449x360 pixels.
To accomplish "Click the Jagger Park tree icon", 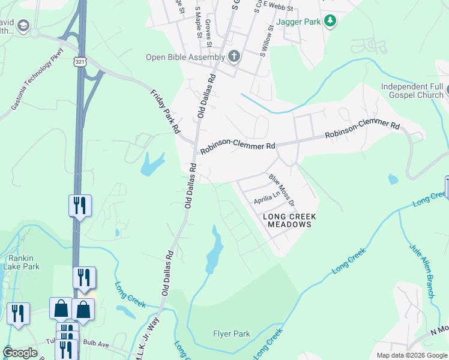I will [x=330, y=22].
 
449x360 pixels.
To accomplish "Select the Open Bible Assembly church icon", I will [x=234, y=57].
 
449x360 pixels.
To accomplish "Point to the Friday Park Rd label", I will [x=165, y=110].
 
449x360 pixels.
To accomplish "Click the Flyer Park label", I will [x=232, y=334].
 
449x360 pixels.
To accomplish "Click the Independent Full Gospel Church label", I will [x=412, y=91].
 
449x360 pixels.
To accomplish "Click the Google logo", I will [x=20, y=353].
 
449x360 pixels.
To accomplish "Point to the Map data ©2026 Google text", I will [x=411, y=355].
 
